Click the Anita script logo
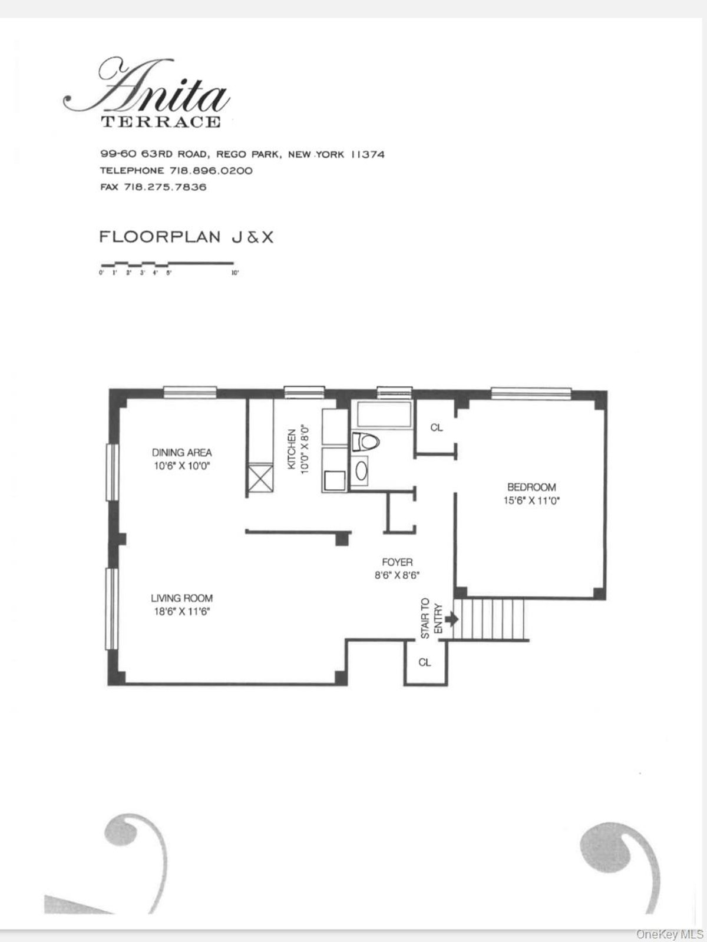point(147,88)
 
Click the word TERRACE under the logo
point(161,122)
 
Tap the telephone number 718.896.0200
point(212,171)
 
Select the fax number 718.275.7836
point(165,187)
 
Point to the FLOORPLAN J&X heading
point(186,237)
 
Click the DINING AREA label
point(181,453)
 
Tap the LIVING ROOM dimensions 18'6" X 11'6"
point(181,611)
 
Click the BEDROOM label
point(531,487)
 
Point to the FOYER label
point(397,562)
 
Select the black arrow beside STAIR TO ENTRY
point(452,619)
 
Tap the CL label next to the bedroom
point(436,428)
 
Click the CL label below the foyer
point(425,662)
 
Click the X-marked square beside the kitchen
point(260,478)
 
